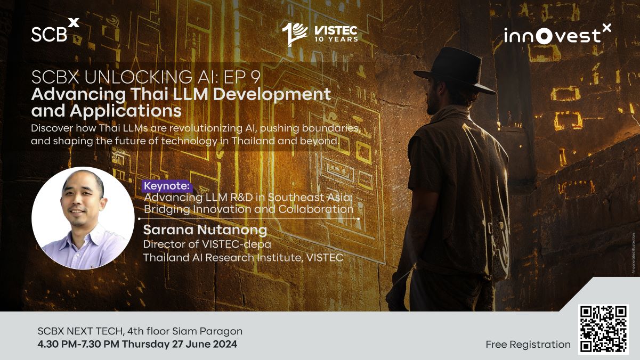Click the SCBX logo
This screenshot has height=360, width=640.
55,30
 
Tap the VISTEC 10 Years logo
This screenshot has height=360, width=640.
320,34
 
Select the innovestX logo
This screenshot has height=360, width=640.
557,34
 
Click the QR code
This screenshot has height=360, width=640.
603,330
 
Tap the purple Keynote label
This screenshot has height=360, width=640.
167,186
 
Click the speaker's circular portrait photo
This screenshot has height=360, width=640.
83,218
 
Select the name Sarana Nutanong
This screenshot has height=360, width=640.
205,230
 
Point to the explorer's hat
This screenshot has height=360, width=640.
455,70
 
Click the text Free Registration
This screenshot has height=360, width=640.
528,345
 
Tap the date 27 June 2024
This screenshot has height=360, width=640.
204,344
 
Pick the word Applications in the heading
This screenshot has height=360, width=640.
125,111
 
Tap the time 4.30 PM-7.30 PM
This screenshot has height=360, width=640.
78,344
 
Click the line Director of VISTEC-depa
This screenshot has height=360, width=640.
207,244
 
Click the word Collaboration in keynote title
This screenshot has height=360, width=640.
315,209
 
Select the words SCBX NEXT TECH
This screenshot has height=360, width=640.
81,331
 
